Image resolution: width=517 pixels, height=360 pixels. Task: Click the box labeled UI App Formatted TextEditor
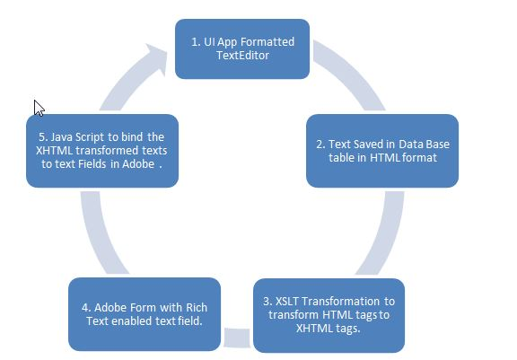click(x=242, y=48)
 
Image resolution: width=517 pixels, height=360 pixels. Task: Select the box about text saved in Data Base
click(x=382, y=151)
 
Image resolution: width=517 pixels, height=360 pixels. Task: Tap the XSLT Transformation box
click(x=329, y=315)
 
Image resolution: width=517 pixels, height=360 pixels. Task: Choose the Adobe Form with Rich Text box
click(x=145, y=314)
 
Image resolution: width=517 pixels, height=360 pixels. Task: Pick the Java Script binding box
click(x=102, y=151)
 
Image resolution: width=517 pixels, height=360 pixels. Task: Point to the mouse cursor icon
click(x=39, y=108)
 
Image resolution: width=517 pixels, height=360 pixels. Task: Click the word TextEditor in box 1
click(x=242, y=56)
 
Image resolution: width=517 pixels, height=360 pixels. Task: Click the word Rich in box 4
click(x=197, y=308)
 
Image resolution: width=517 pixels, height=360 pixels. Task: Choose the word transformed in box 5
click(x=107, y=151)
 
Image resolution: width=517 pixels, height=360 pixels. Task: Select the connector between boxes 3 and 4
click(x=237, y=338)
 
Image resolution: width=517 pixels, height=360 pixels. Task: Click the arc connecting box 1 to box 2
click(x=353, y=73)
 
